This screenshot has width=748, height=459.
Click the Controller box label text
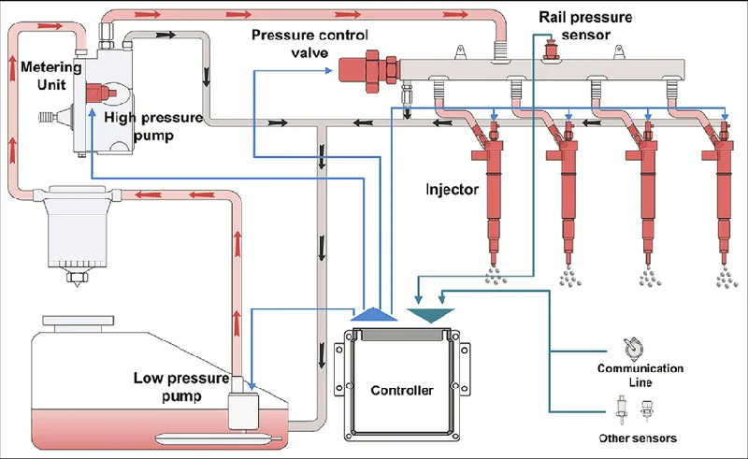click(x=402, y=391)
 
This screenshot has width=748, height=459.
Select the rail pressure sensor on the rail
click(x=551, y=50)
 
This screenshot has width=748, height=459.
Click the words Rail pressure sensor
click(x=585, y=26)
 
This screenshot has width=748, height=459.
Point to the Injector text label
click(x=452, y=190)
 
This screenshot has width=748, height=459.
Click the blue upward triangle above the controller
click(x=374, y=313)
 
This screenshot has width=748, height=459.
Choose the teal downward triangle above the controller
click(x=430, y=315)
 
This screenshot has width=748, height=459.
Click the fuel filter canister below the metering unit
click(x=77, y=229)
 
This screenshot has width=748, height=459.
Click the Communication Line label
click(x=640, y=375)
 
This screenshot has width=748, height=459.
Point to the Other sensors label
click(x=638, y=438)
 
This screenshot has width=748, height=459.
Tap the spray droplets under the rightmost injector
click(x=727, y=278)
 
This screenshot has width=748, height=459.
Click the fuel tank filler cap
click(x=79, y=323)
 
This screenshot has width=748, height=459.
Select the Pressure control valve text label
click(x=309, y=43)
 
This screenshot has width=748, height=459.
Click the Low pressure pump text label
click(x=181, y=387)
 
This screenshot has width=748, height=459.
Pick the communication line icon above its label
click(x=634, y=349)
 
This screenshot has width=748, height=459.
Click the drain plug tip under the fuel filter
click(x=76, y=283)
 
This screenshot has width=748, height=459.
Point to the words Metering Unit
click(x=51, y=76)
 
